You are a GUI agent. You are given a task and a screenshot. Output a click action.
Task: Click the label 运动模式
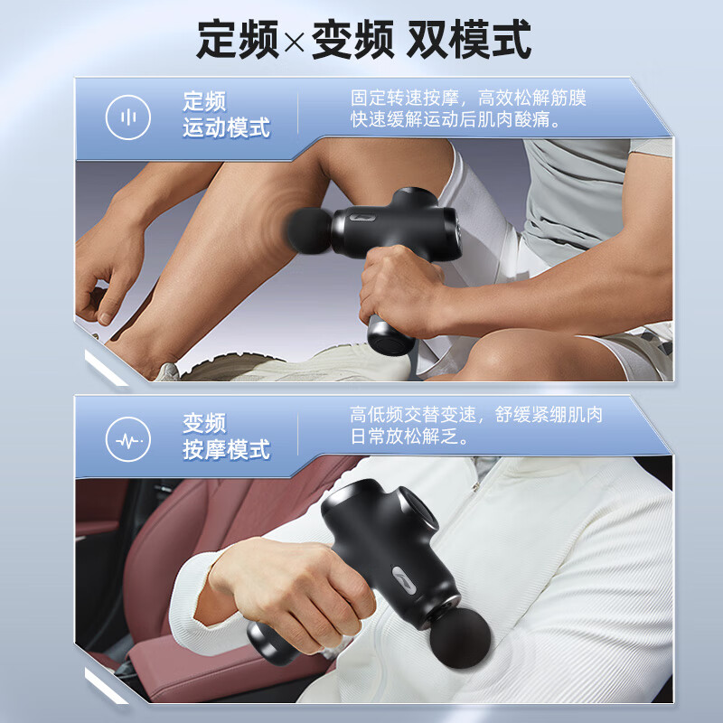click(x=226, y=127)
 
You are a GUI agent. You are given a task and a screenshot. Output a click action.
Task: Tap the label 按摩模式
click(x=226, y=449)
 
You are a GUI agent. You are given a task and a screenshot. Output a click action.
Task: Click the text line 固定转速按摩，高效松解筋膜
click(x=468, y=97)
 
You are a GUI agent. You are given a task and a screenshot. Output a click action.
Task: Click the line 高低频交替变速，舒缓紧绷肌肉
click(x=476, y=415)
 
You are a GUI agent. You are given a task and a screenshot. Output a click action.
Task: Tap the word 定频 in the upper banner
click(x=204, y=101)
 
